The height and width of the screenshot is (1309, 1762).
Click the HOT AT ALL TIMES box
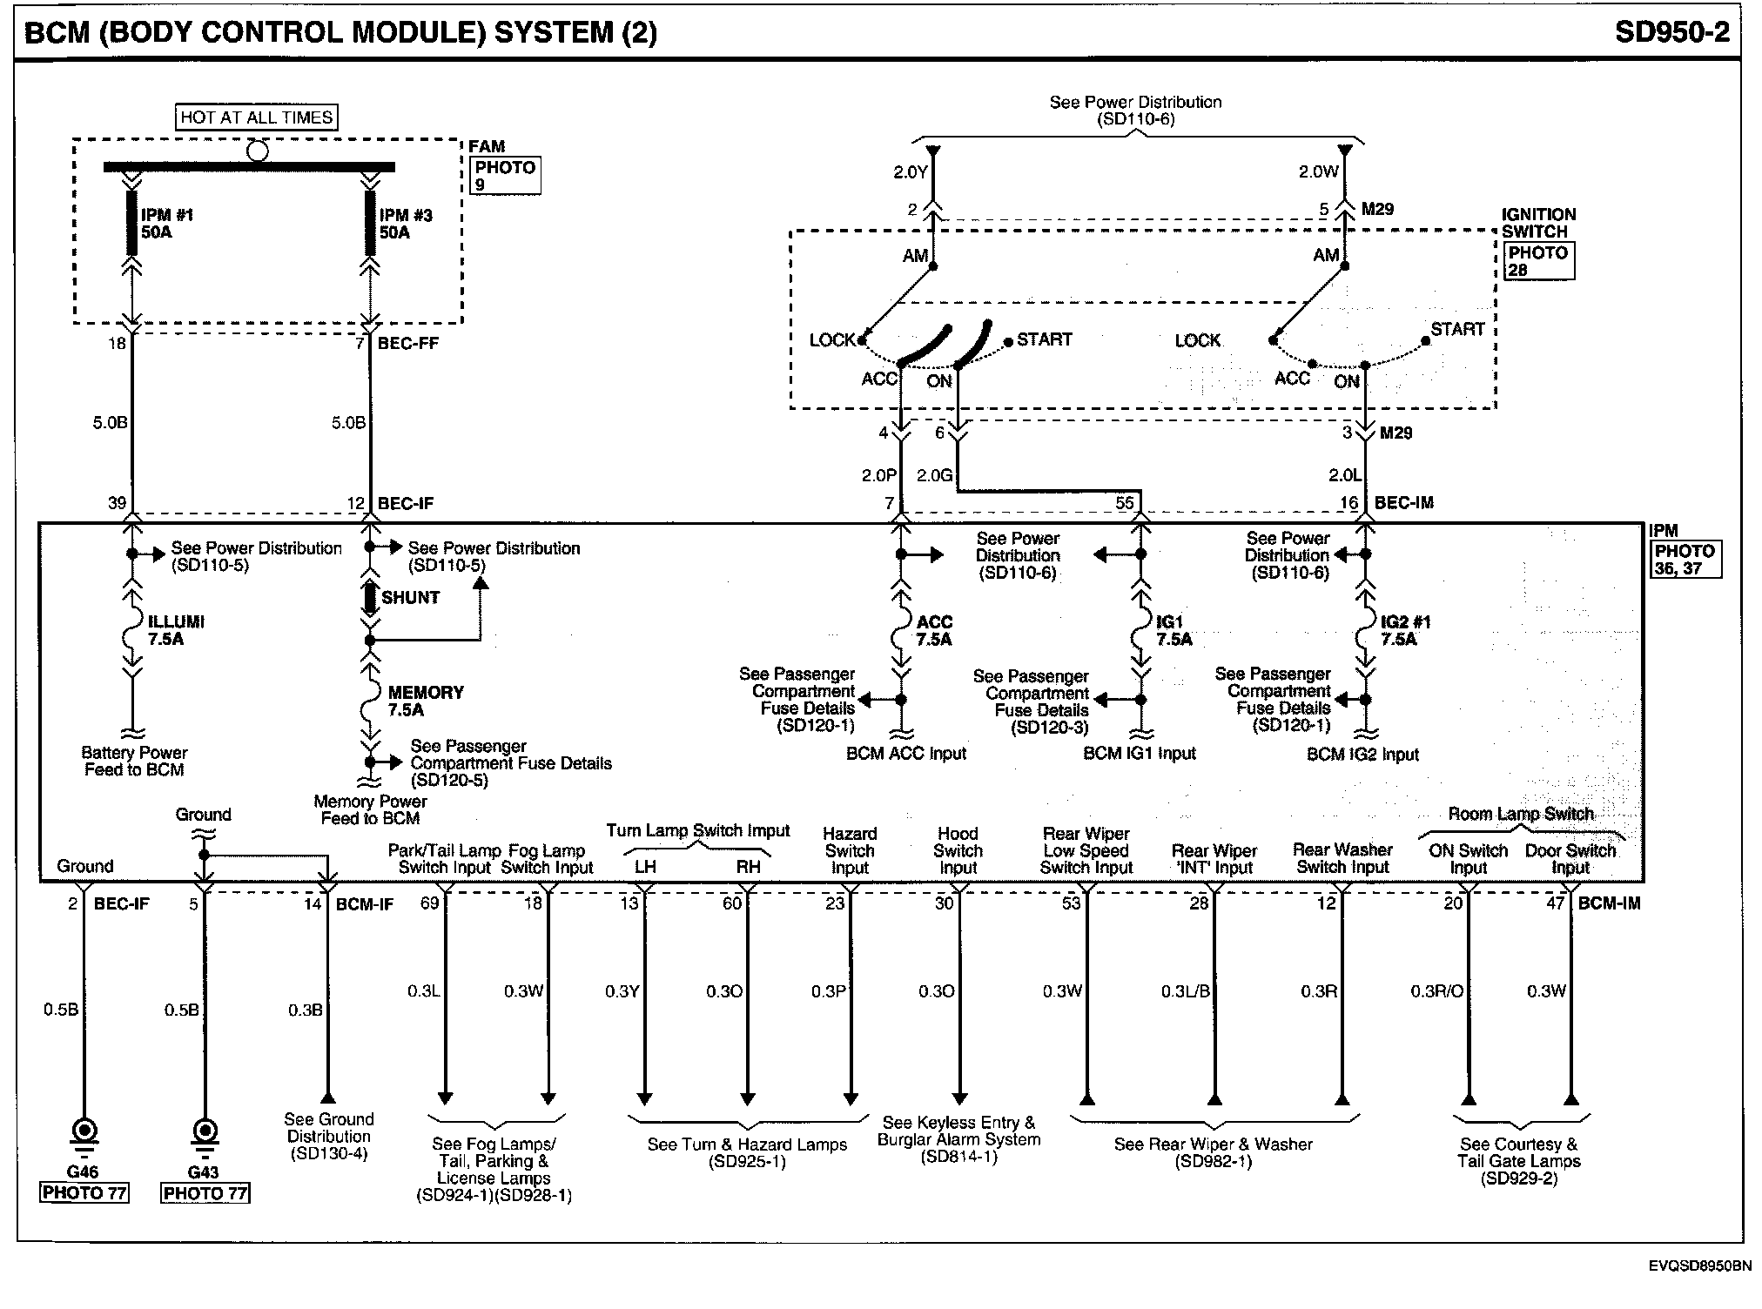pyautogui.click(x=257, y=117)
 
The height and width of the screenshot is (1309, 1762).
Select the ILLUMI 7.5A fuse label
pyautogui.click(x=175, y=630)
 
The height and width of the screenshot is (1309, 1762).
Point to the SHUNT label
pyautogui.click(x=410, y=597)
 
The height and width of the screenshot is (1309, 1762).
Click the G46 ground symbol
pyautogui.click(x=84, y=1131)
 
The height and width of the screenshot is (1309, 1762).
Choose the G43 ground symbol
pyautogui.click(x=205, y=1131)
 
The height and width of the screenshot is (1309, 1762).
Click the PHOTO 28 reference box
pyautogui.click(x=1538, y=261)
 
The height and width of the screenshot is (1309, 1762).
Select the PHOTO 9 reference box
pyautogui.click(x=505, y=175)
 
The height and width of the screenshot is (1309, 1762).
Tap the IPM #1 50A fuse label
pyautogui.click(x=166, y=224)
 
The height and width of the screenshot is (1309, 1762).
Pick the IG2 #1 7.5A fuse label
pyautogui.click(x=1404, y=630)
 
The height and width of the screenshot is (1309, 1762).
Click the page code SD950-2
pyautogui.click(x=1671, y=32)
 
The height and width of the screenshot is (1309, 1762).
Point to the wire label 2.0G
pyautogui.click(x=934, y=476)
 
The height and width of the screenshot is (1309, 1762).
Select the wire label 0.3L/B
pyautogui.click(x=1185, y=991)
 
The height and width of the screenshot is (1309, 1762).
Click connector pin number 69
pyautogui.click(x=429, y=903)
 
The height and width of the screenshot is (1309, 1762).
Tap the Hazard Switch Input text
pyautogui.click(x=850, y=850)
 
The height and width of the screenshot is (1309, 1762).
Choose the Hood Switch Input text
pyautogui.click(x=958, y=850)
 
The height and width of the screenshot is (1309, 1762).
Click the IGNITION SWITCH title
pyautogui.click(x=1538, y=223)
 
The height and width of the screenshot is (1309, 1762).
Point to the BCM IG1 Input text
pyautogui.click(x=1139, y=754)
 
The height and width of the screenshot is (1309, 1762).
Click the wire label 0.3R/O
pyautogui.click(x=1436, y=991)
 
